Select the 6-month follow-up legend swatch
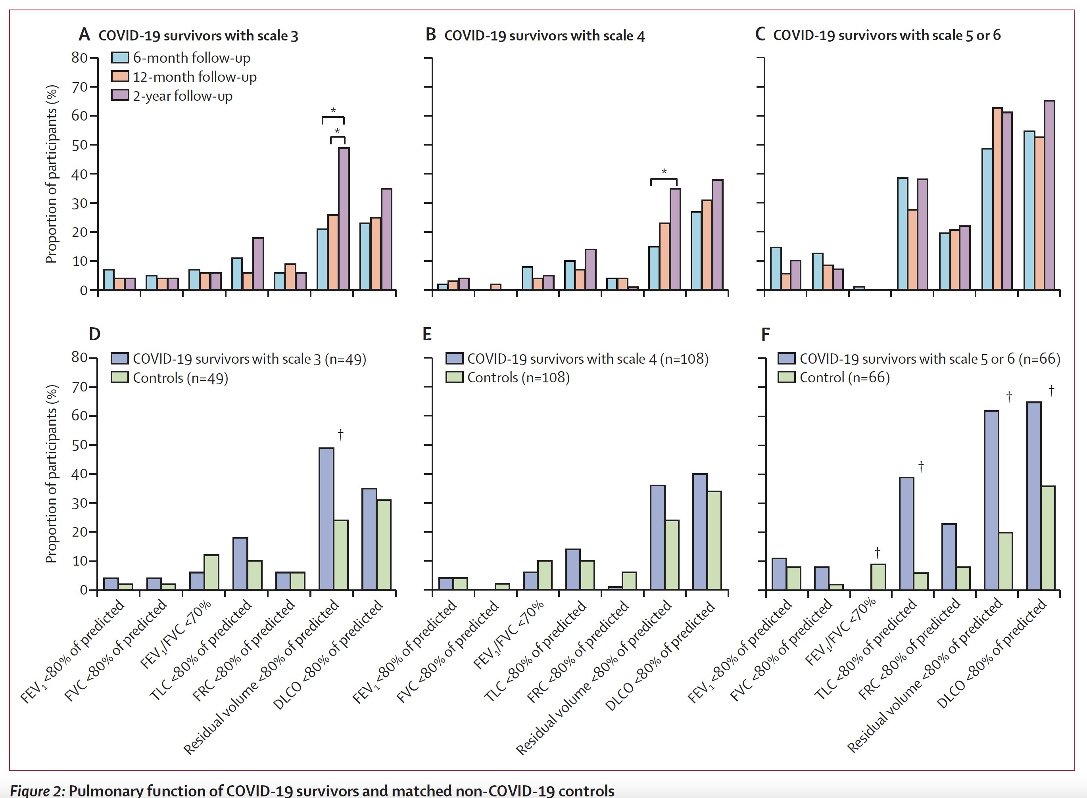click(x=120, y=58)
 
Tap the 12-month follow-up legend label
click(x=195, y=77)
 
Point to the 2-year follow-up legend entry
click(x=182, y=96)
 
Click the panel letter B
click(x=431, y=35)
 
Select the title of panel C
click(x=887, y=35)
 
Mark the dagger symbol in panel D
click(x=341, y=434)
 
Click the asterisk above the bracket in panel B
click(x=664, y=171)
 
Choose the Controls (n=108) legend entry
click(x=518, y=378)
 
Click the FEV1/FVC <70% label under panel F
click(x=841, y=632)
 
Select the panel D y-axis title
click(x=51, y=474)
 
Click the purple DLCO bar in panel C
click(x=1049, y=195)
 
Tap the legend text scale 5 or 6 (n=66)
click(x=930, y=359)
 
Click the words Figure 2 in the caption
click(x=37, y=791)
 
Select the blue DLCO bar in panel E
click(x=699, y=531)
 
